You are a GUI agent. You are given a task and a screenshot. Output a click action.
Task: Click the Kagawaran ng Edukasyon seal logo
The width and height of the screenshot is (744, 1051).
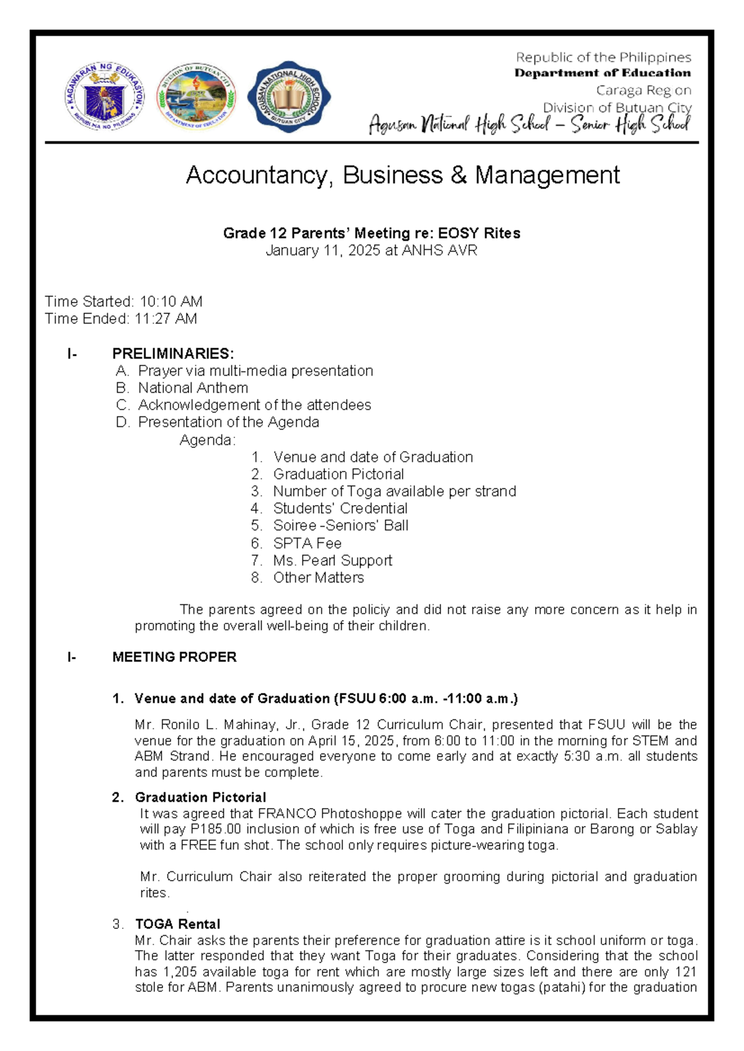click(104, 96)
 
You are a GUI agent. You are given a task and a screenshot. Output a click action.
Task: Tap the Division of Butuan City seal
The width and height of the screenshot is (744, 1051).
click(196, 97)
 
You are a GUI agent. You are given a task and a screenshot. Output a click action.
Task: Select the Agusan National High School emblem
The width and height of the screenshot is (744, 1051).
click(288, 97)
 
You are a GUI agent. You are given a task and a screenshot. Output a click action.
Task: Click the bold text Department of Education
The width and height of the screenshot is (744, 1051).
click(602, 73)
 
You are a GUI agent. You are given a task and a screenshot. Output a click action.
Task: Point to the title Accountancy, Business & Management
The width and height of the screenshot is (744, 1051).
click(402, 175)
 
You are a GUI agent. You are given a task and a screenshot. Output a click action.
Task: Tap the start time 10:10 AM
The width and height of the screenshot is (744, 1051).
click(171, 302)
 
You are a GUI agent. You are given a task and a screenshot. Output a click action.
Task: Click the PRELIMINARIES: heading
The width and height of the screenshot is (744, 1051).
click(173, 354)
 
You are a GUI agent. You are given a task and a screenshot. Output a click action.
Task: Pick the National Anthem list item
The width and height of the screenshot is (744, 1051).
click(193, 388)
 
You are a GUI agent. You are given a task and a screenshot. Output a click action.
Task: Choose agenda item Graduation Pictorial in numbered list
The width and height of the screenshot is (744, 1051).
click(339, 474)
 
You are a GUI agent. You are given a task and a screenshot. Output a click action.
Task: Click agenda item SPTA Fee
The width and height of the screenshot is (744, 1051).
click(308, 543)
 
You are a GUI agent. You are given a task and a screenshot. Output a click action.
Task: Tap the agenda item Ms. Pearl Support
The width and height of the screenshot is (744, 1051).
click(333, 561)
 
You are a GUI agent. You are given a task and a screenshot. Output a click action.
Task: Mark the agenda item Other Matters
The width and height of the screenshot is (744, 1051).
click(319, 578)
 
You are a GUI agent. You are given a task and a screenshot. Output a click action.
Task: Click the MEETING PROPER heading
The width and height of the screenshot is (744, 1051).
click(174, 657)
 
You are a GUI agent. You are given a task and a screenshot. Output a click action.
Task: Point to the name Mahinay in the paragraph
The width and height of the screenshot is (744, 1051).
click(252, 725)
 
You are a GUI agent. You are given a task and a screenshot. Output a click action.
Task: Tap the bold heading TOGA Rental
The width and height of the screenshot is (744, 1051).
click(177, 924)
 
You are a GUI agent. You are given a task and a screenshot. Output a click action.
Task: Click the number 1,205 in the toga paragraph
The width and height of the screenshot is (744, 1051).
click(180, 972)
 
